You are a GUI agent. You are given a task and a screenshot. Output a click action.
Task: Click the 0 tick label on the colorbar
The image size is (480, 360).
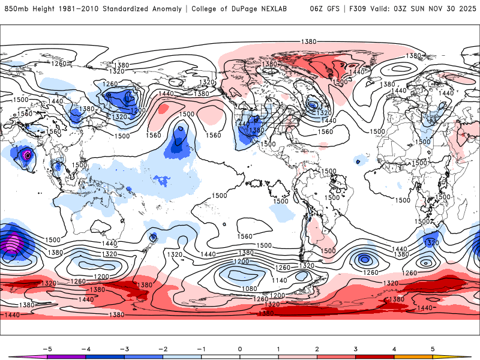click(x=239, y=348)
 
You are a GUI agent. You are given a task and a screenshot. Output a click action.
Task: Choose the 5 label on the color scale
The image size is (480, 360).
click(x=433, y=348)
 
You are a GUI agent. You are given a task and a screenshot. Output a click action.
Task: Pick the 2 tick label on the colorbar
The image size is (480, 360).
click(x=317, y=348)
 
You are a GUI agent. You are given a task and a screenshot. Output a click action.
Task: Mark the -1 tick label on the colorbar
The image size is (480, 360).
click(x=201, y=348)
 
